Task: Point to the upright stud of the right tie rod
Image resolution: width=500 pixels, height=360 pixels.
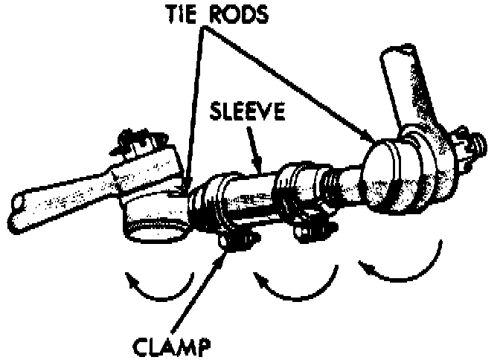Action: [x=406, y=89]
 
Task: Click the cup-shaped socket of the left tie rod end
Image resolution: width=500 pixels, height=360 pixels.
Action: [x=156, y=227]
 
